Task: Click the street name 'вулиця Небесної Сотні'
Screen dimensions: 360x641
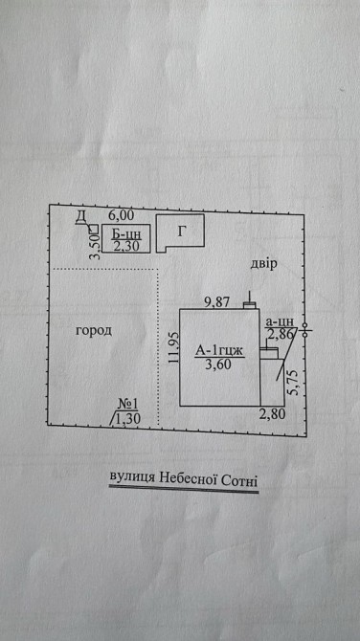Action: [x=184, y=477]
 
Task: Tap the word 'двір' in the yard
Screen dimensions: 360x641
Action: [x=264, y=264]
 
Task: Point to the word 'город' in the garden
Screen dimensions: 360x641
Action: [x=94, y=331]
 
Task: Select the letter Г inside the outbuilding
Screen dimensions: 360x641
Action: [x=182, y=232]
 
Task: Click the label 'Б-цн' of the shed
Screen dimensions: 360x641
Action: [x=126, y=234]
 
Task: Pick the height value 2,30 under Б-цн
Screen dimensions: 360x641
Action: [x=126, y=246]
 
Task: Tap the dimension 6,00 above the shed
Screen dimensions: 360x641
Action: [x=121, y=215]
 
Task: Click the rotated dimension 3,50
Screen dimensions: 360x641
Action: [x=95, y=246]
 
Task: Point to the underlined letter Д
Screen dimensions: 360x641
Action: [x=80, y=217]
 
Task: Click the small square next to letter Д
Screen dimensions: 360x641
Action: [x=94, y=228]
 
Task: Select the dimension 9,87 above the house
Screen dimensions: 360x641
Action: [x=217, y=302]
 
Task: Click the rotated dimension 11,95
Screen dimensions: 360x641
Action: [x=173, y=347]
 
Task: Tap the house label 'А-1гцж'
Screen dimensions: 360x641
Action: [x=219, y=350]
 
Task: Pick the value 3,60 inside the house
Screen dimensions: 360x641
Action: [x=219, y=365]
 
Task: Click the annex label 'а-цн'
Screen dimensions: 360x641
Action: [x=280, y=321]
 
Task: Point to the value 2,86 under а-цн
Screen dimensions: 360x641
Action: [x=281, y=335]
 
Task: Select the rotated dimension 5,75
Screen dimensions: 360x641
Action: [x=295, y=383]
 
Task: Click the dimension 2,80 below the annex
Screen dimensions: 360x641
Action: [x=272, y=414]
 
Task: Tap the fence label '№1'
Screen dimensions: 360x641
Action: [x=127, y=405]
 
